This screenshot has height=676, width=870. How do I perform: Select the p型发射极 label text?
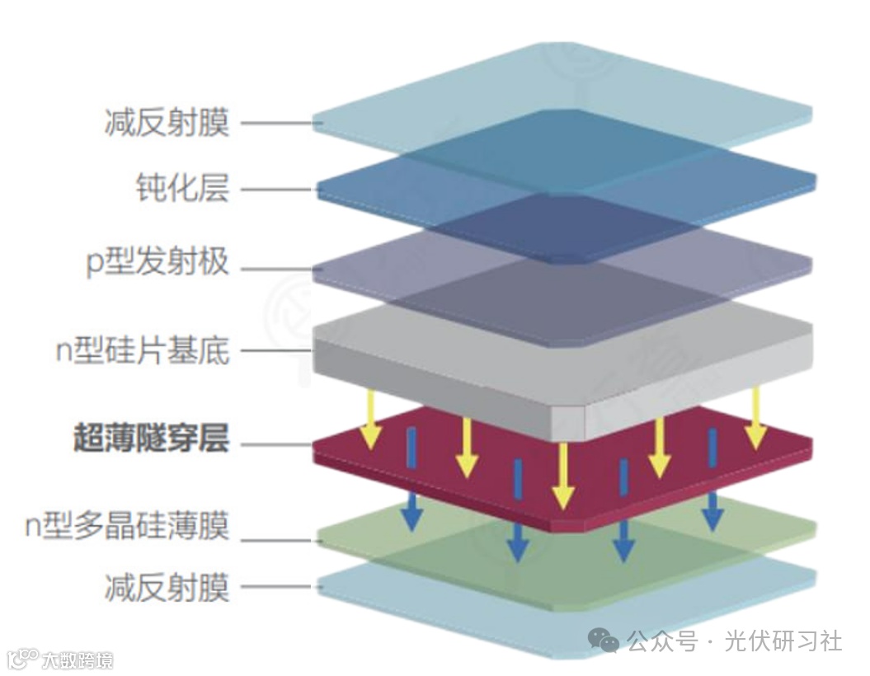pyautogui.click(x=157, y=265)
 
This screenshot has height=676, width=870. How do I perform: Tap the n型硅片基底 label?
pyautogui.click(x=142, y=351)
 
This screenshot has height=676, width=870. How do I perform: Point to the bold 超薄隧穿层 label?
pyautogui.click(x=150, y=439)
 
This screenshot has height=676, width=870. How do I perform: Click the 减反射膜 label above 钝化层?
pyautogui.click(x=167, y=124)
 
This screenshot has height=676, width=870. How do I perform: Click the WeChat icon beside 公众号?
pyautogui.click(x=608, y=640)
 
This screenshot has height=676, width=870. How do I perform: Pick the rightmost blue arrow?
pyautogui.click(x=712, y=478)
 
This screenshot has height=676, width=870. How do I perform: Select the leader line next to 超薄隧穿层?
pyautogui.click(x=276, y=446)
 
